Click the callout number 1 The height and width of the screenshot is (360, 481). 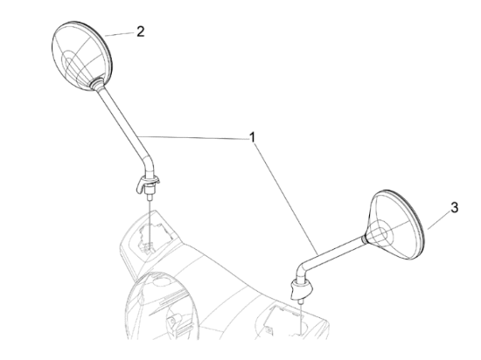252,137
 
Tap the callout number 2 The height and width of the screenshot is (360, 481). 141,31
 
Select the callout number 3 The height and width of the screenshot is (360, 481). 454,208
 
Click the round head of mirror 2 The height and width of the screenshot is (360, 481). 82,56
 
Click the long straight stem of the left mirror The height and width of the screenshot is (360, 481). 122,121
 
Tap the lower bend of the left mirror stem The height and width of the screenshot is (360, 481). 149,165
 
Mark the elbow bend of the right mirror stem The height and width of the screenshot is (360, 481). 303,269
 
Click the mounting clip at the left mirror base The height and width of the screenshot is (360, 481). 148,183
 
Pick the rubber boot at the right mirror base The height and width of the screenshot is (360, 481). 301,288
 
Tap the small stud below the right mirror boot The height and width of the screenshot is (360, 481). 301,301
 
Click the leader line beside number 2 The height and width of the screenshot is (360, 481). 120,34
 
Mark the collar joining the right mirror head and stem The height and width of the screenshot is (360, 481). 365,232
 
